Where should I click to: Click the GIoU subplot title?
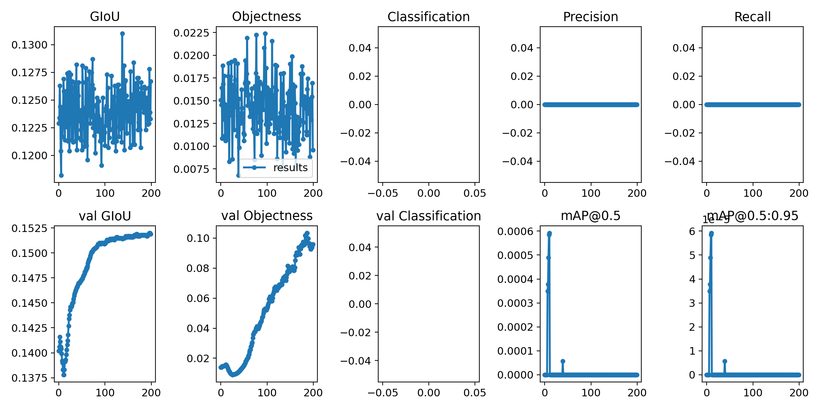click(105, 16)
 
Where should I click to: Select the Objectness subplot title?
click(266, 16)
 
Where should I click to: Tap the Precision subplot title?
click(590, 17)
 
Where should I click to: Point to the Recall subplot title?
click(752, 17)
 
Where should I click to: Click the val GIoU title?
click(105, 216)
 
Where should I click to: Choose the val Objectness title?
click(266, 216)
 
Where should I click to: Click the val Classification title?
click(428, 216)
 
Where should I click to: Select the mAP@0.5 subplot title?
click(590, 216)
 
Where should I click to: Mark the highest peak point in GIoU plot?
click(122, 34)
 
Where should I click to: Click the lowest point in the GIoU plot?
click(61, 175)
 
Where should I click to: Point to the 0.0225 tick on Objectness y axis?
click(191, 33)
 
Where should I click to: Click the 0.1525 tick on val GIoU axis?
click(29, 228)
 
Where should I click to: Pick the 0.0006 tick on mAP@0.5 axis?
click(515, 231)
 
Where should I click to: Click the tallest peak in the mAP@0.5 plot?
click(549, 234)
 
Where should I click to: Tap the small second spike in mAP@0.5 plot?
click(563, 361)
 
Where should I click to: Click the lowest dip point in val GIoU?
click(64, 375)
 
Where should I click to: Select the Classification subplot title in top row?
click(428, 17)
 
